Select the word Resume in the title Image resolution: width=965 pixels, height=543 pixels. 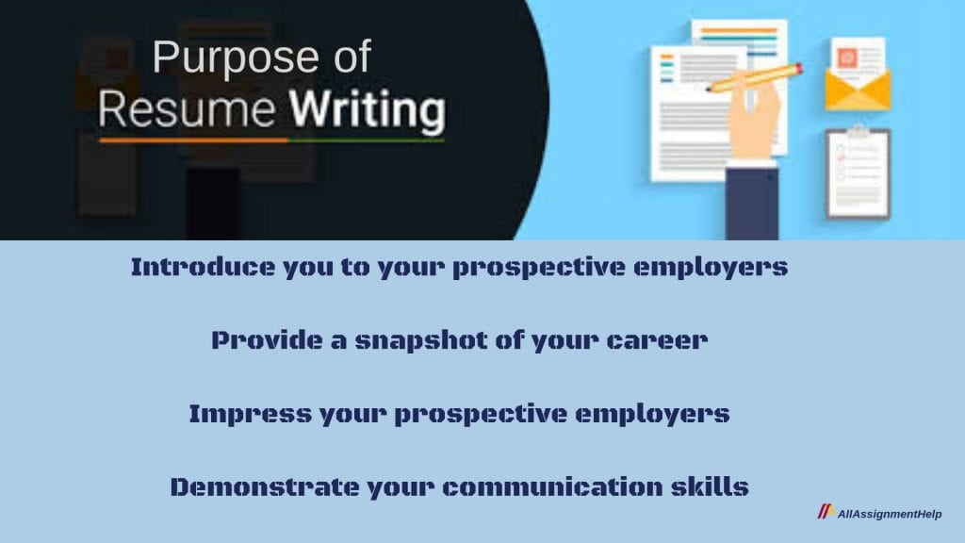coord(188,111)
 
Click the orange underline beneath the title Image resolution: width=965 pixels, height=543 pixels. coord(193,140)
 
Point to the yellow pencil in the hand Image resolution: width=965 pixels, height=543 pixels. coord(754,77)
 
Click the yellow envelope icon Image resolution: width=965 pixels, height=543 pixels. coord(858,89)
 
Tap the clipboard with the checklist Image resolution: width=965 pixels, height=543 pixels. coord(858,174)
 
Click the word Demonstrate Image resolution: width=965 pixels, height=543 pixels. coord(252,487)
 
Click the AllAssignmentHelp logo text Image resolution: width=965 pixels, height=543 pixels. coord(889,514)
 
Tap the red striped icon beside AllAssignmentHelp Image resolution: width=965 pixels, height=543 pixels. coord(826,513)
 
